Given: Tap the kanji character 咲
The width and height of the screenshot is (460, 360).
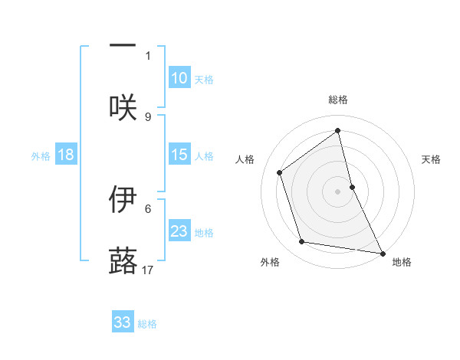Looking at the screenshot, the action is pyautogui.click(x=123, y=106).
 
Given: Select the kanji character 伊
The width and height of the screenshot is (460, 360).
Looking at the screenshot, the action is pyautogui.click(x=123, y=199).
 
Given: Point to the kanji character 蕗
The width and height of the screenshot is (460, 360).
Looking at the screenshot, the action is pyautogui.click(x=123, y=260).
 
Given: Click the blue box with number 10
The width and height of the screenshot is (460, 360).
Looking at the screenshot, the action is pyautogui.click(x=179, y=78).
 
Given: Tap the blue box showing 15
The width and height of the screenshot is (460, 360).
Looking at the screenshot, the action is pyautogui.click(x=179, y=155).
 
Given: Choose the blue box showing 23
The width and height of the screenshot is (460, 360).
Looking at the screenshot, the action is pyautogui.click(x=179, y=231).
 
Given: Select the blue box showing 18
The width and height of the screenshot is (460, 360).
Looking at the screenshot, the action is pyautogui.click(x=66, y=155).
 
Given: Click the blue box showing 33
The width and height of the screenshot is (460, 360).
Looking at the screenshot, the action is pyautogui.click(x=123, y=322).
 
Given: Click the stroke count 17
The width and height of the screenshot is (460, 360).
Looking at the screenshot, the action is pyautogui.click(x=149, y=270).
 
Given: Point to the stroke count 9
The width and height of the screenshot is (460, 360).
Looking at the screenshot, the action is pyautogui.click(x=148, y=116).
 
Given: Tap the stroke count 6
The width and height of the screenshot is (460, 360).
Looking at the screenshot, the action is pyautogui.click(x=148, y=208).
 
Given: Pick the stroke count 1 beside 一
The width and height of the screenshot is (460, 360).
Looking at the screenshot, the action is pyautogui.click(x=148, y=55).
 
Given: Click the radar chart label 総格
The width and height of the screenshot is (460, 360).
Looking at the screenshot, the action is pyautogui.click(x=338, y=100).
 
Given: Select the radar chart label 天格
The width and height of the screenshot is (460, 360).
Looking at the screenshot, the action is pyautogui.click(x=431, y=159).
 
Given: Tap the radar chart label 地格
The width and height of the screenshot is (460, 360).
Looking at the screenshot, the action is pyautogui.click(x=402, y=262).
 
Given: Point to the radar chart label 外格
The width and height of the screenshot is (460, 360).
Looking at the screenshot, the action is pyautogui.click(x=270, y=262).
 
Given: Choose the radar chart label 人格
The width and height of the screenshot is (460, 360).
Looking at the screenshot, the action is pyautogui.click(x=245, y=159).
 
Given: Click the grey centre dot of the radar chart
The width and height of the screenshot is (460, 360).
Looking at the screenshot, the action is pyautogui.click(x=338, y=191).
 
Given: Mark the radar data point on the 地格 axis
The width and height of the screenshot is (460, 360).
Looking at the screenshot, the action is pyautogui.click(x=382, y=252).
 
